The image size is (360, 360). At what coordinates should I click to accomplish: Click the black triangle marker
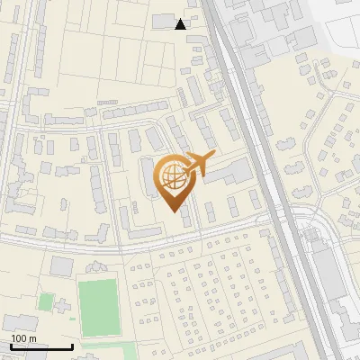coord(181,24)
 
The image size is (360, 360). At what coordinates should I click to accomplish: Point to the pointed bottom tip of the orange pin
coord(177,212)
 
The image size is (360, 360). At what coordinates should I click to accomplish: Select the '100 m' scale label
coord(23,338)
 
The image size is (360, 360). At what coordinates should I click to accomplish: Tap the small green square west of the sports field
coord(45,301)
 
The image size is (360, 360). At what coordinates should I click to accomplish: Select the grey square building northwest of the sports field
coord(61,265)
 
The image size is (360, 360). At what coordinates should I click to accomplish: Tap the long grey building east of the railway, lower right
coord(329,279)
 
